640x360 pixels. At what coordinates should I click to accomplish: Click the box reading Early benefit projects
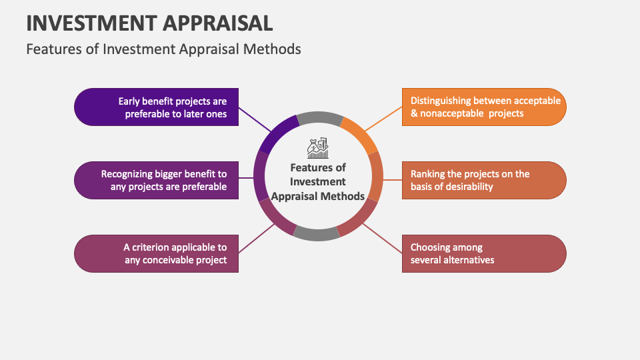click(x=156, y=107)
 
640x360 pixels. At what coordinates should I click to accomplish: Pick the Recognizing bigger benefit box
click(x=156, y=180)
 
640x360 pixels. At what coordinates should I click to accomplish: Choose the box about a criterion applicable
click(x=156, y=253)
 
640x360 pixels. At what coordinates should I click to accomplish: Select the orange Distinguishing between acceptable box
click(x=484, y=107)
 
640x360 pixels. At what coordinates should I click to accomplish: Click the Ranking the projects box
click(x=484, y=180)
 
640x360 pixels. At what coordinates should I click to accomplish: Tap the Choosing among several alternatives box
click(x=484, y=253)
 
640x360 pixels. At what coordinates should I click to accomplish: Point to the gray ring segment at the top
click(x=319, y=119)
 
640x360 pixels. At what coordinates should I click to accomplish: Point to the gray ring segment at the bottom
click(x=316, y=233)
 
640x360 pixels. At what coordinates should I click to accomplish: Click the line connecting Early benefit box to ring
click(x=254, y=118)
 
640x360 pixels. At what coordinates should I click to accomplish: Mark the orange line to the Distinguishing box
click(x=383, y=118)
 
